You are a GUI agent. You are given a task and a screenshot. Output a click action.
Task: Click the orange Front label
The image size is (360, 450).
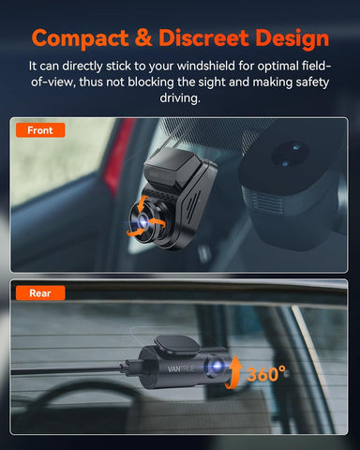(41, 130)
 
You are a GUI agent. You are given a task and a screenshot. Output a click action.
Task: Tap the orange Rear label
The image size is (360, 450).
(40, 292)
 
